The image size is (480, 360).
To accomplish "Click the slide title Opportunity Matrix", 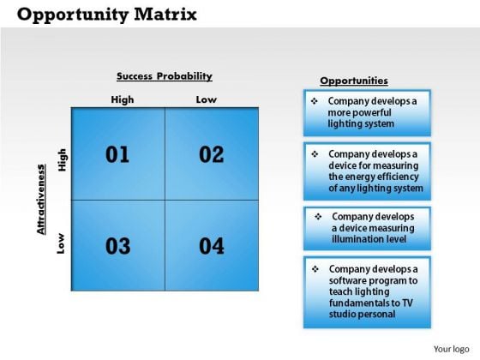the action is pos(106,15).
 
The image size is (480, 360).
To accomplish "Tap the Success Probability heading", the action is pos(165,76).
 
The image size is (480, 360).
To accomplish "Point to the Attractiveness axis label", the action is pos(41,200).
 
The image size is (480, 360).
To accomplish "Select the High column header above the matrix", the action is pos(123,99).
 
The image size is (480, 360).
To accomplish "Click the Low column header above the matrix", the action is pos(207,99).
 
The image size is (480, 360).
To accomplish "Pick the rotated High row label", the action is pos(62,159).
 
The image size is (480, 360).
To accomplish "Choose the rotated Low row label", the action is pos(61,243).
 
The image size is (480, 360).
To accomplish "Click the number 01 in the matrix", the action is pos(117,154).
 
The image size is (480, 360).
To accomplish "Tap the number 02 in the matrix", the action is pos(212,154).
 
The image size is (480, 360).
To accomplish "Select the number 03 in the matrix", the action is pos(118,246).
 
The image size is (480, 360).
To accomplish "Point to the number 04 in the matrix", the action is pos(212,246).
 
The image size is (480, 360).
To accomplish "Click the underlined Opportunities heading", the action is pos(354,81).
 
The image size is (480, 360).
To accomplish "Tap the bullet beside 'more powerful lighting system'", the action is pos(315,101).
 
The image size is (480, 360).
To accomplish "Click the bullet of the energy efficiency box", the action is pos(315,154).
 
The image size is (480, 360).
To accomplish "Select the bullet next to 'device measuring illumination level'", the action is pos(318,217).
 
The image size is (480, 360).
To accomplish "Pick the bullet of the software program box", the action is pos(315,269).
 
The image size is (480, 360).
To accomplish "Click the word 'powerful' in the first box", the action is pos(371,112).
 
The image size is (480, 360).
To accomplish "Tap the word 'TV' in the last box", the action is pos(408,303).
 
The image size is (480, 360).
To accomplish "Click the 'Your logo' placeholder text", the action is pos(451,349).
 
